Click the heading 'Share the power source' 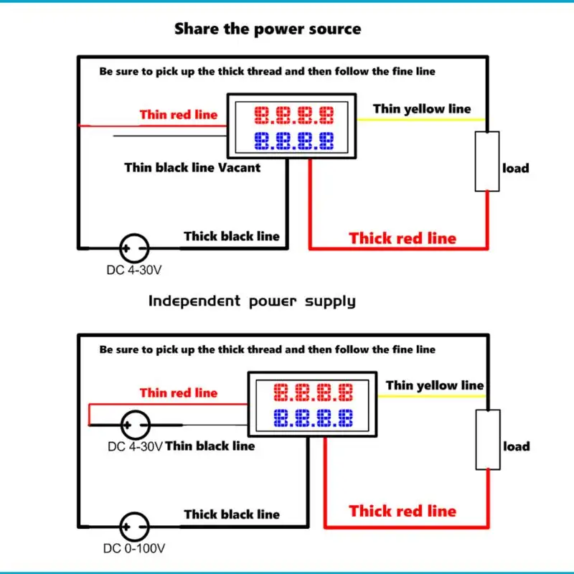coord(268,29)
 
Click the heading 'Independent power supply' coord(252,301)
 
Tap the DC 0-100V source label coord(135,549)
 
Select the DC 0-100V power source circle coord(133,526)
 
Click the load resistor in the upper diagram coord(487,161)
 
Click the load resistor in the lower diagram coord(487,439)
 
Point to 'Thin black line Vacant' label coord(192,167)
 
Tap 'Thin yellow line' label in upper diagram coord(422,109)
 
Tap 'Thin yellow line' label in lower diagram coord(435,385)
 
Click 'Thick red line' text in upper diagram coord(403,238)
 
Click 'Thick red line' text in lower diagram coord(403,511)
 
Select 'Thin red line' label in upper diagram coord(178,115)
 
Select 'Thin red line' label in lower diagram coord(178,392)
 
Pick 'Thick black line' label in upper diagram coord(232,236)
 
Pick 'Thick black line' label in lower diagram coord(232,514)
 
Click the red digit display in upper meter coord(294,114)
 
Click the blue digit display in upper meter coord(294,140)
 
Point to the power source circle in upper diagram coord(133,248)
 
